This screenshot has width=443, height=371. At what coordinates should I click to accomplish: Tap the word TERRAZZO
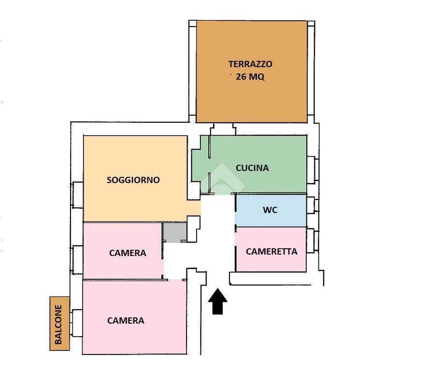[250, 64]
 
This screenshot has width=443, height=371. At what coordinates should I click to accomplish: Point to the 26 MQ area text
[250, 77]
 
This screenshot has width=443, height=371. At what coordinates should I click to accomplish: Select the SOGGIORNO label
[133, 180]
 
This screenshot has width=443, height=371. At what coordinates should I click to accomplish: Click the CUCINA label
[252, 168]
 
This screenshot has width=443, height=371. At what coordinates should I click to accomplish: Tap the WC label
[270, 210]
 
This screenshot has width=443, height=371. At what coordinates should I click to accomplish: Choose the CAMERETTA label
[272, 251]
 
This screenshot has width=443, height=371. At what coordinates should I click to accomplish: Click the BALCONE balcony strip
[58, 323]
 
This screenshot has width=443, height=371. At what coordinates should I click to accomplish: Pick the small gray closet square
[174, 232]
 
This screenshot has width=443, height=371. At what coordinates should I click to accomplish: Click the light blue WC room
[290, 217]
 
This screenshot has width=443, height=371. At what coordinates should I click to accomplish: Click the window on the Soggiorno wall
[77, 195]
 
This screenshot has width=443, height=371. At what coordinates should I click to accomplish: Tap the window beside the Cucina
[312, 170]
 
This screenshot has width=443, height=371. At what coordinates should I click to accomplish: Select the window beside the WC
[312, 205]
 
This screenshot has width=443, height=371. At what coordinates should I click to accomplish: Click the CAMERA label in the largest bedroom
[126, 320]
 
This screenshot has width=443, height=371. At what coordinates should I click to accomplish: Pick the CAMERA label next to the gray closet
[128, 253]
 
